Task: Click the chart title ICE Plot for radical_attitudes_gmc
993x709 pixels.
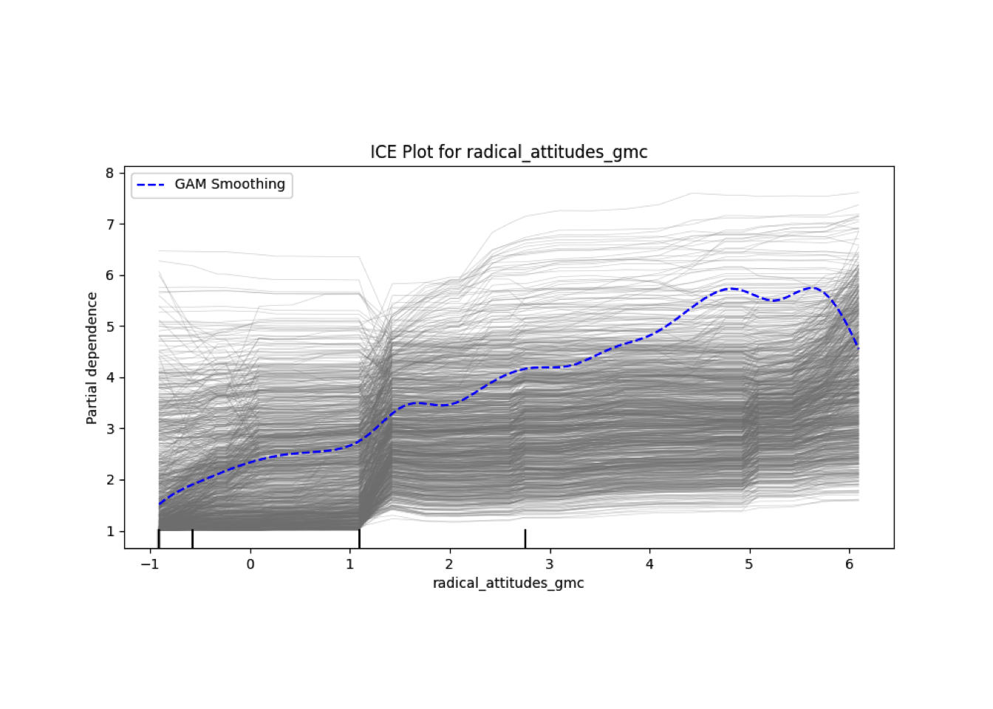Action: pos(508,152)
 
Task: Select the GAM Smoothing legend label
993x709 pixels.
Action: pos(230,184)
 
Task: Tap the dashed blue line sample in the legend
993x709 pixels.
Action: pos(151,185)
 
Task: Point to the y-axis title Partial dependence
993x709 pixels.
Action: pos(92,358)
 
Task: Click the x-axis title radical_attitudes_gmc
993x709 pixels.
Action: pos(508,583)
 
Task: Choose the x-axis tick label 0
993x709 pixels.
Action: pos(250,564)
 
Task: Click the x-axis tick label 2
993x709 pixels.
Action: pos(450,564)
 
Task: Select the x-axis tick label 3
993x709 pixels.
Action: pos(550,564)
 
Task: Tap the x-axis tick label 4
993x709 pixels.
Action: pos(649,564)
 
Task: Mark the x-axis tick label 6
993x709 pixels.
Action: pos(849,564)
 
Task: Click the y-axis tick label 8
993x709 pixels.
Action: pos(110,173)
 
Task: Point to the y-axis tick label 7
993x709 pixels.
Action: pos(110,224)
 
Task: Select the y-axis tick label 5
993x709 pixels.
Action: pos(110,326)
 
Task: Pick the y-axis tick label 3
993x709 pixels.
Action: pos(110,428)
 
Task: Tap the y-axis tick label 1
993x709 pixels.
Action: pos(110,531)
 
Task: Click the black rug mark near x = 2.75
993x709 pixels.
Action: pos(525,538)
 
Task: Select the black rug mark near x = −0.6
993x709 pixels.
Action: pos(192,538)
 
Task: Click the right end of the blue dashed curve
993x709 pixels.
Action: pos(858,347)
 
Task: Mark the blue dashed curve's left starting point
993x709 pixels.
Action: pos(159,504)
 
